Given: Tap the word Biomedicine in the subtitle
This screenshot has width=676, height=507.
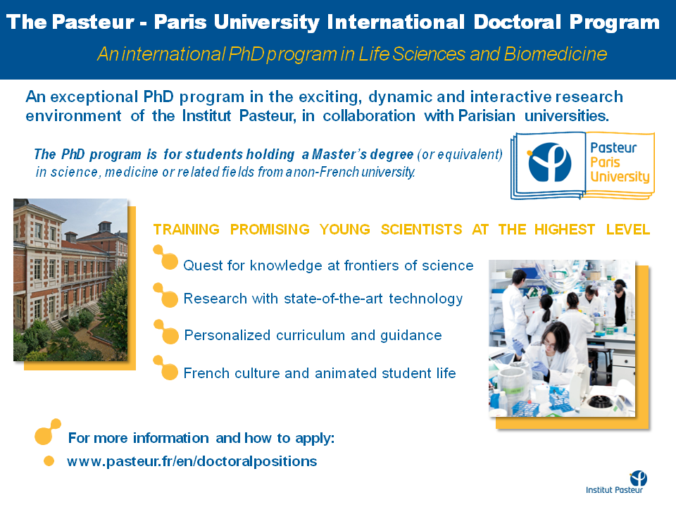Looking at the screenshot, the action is tap(555, 54).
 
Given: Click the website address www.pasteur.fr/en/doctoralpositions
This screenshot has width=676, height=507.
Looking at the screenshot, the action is tap(192, 461).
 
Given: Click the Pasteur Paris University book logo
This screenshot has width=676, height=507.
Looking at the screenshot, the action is tap(582, 166).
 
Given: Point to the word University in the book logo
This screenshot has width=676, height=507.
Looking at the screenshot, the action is tap(620, 177).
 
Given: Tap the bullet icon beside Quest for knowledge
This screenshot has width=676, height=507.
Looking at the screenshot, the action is tap(165, 257).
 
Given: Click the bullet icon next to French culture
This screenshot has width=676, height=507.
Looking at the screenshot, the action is tap(165, 368).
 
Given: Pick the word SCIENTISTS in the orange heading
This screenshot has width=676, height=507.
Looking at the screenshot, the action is tap(421, 230).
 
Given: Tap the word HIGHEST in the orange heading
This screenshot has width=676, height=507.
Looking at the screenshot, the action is tap(564, 230).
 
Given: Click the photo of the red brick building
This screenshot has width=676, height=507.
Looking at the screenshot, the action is tap(70, 280).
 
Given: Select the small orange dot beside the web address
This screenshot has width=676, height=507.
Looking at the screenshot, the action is tap(49, 461).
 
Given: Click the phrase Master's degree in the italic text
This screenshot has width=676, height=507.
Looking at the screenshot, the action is tap(363, 154).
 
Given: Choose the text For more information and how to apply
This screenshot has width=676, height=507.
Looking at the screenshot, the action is tap(201, 438).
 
